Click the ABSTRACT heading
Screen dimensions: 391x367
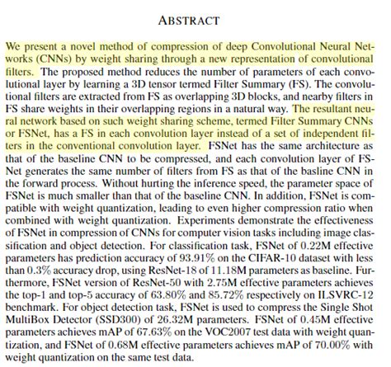pos(195,17)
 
